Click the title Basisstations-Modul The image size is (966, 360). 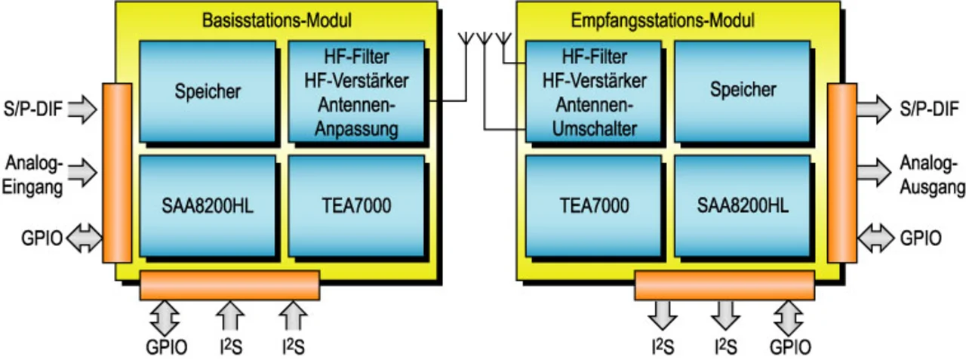[x=277, y=20]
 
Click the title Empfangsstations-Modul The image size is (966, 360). [x=672, y=20]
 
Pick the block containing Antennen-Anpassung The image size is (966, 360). [x=357, y=91]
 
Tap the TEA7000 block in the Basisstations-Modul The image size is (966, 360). [x=357, y=205]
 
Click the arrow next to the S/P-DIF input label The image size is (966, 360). [x=82, y=110]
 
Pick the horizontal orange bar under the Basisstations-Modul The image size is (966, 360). [x=229, y=285]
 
